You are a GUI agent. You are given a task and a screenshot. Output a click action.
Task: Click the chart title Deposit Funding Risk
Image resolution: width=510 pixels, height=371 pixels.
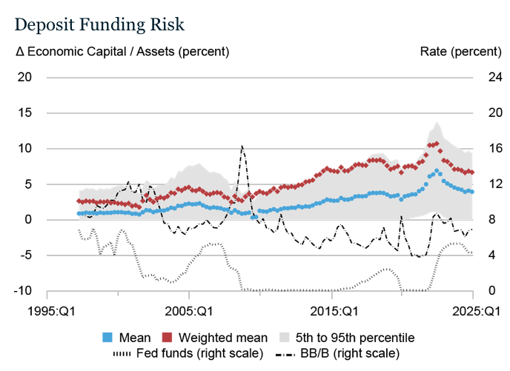tap(99, 24)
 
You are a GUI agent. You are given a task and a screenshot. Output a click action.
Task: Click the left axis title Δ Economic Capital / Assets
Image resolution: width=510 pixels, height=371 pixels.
tap(122, 52)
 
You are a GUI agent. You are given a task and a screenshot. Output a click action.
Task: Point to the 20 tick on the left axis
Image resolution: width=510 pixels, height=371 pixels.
tap(26, 77)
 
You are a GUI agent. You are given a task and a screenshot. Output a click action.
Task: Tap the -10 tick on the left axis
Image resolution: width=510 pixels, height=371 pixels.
tap(24, 290)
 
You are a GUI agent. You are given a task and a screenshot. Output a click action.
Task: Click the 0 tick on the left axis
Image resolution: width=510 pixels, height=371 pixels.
tap(29, 219)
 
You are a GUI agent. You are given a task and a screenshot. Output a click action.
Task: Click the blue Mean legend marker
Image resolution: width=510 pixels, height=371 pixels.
tap(105, 337)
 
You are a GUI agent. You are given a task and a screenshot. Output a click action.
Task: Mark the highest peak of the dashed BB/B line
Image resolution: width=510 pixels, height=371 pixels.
tap(242, 147)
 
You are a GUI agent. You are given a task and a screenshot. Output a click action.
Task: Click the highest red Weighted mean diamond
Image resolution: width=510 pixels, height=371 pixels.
tap(437, 143)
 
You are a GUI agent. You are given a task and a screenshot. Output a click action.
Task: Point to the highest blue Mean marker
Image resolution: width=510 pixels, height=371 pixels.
tap(437, 171)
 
